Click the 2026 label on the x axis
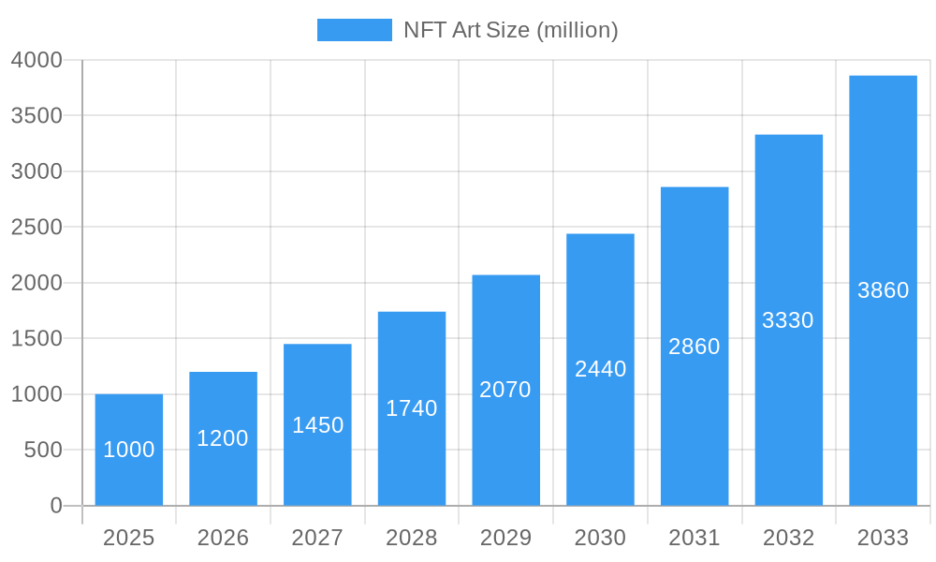223,538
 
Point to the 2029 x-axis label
505,538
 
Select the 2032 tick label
788,538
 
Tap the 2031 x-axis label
695,538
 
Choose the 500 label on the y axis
43,451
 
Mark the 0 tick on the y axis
55,506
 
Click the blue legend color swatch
355,30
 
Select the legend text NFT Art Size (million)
510,30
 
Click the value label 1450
318,425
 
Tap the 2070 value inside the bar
505,390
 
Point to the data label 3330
788,320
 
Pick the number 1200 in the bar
223,438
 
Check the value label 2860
695,347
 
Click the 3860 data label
883,290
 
